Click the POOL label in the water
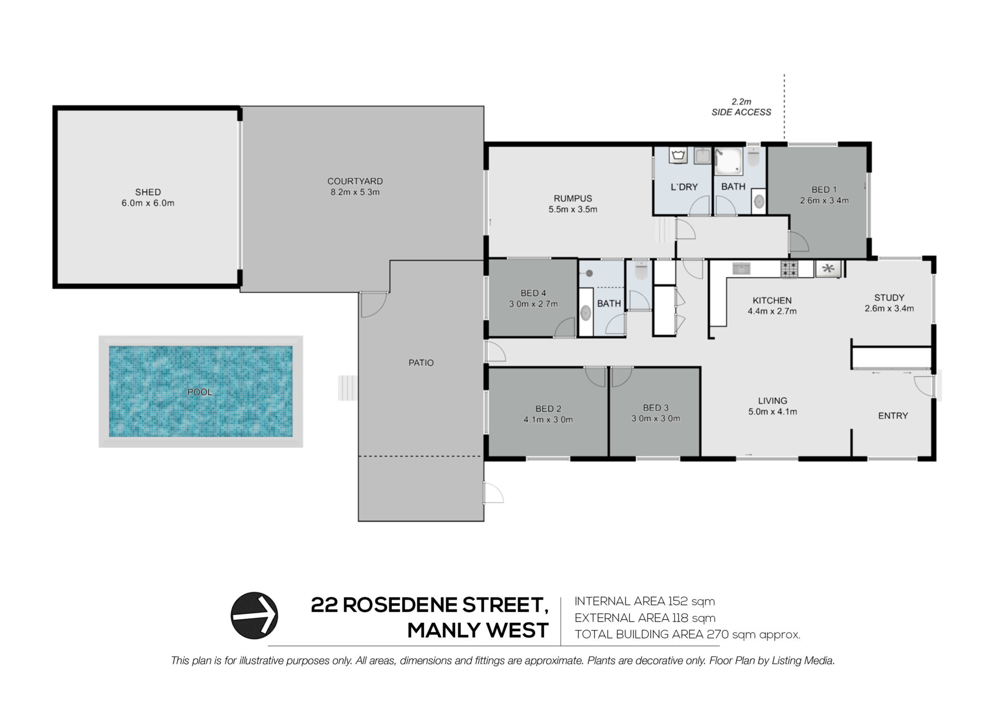tap(200, 392)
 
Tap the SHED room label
tap(148, 192)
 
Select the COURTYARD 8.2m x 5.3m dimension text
tap(355, 192)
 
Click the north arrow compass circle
tap(254, 616)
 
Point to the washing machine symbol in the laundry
tap(678, 155)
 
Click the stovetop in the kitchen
tap(789, 270)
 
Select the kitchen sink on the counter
tap(742, 268)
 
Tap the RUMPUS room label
tap(573, 198)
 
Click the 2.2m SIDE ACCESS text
tap(741, 107)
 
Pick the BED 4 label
tap(533, 293)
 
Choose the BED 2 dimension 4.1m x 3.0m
tap(548, 420)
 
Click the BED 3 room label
tap(656, 408)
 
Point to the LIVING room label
tap(773, 400)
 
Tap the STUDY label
tap(889, 297)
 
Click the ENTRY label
tap(893, 415)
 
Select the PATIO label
tap(421, 363)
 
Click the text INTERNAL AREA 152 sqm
tap(644, 601)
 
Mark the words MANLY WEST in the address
tap(478, 631)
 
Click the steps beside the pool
tap(348, 388)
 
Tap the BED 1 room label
tap(824, 189)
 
